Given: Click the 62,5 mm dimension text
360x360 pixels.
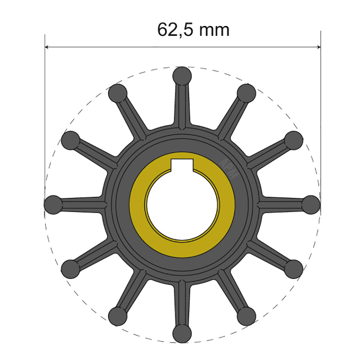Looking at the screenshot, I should pos(193,30).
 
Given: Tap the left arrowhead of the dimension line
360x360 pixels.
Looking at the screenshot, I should pos(47,47).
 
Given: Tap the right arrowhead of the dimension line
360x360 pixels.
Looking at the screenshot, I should pos(318,47).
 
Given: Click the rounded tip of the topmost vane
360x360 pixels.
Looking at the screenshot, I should pos(182,76).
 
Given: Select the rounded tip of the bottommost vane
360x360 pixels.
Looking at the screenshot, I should pos(182,333).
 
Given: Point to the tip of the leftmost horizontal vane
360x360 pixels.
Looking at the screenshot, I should pos(53,204).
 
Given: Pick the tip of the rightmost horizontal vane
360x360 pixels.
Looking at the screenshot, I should pos(310,204).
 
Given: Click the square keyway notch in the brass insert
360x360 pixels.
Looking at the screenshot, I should pos(182,165).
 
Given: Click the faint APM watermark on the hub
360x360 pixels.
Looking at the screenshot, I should pos(229,168).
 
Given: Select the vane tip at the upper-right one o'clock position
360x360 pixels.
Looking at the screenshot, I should pos(247,93).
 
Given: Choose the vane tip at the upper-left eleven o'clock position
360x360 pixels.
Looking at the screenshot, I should pos(117,93).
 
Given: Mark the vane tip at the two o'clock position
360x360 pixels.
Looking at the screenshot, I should pos(294,140).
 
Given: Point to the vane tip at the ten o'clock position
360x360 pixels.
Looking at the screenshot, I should pos(70,140).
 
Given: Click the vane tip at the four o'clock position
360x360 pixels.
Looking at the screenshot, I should pos(294,269).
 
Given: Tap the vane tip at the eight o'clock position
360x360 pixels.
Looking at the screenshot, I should pos(70,269).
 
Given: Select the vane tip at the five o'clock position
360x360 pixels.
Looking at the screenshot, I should pos(247,316).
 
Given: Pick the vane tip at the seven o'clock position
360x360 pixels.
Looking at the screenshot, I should pos(117,316).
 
